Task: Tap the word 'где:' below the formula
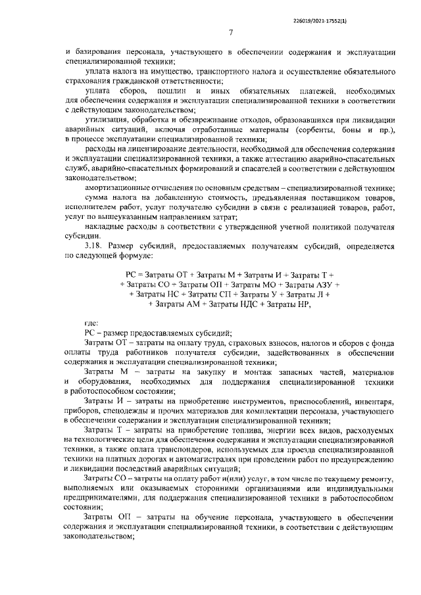point(92,322)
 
